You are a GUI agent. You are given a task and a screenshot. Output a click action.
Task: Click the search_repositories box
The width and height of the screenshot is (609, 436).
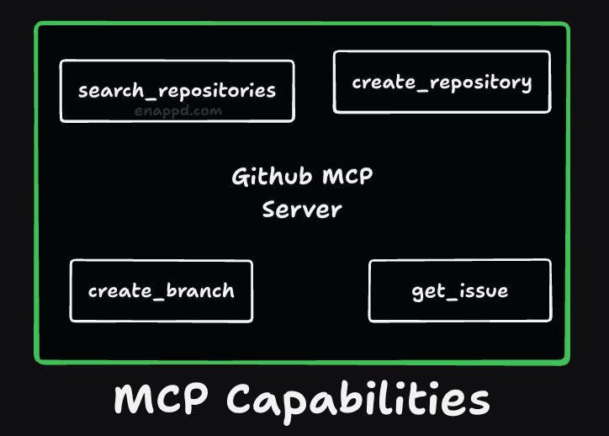(177, 91)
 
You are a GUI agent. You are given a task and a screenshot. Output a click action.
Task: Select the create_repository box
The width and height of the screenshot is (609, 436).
(442, 82)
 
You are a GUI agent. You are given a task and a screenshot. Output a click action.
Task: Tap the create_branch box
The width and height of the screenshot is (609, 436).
(161, 290)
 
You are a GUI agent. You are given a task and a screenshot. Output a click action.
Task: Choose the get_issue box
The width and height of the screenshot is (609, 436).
(460, 290)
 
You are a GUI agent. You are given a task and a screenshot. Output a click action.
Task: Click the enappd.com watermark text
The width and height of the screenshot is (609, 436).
(177, 109)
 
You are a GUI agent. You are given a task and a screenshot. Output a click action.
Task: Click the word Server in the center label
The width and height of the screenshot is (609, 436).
(302, 209)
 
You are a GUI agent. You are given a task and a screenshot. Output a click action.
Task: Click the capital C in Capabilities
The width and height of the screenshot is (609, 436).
(243, 400)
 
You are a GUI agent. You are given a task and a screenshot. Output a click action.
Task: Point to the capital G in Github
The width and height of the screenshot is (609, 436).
(239, 178)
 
